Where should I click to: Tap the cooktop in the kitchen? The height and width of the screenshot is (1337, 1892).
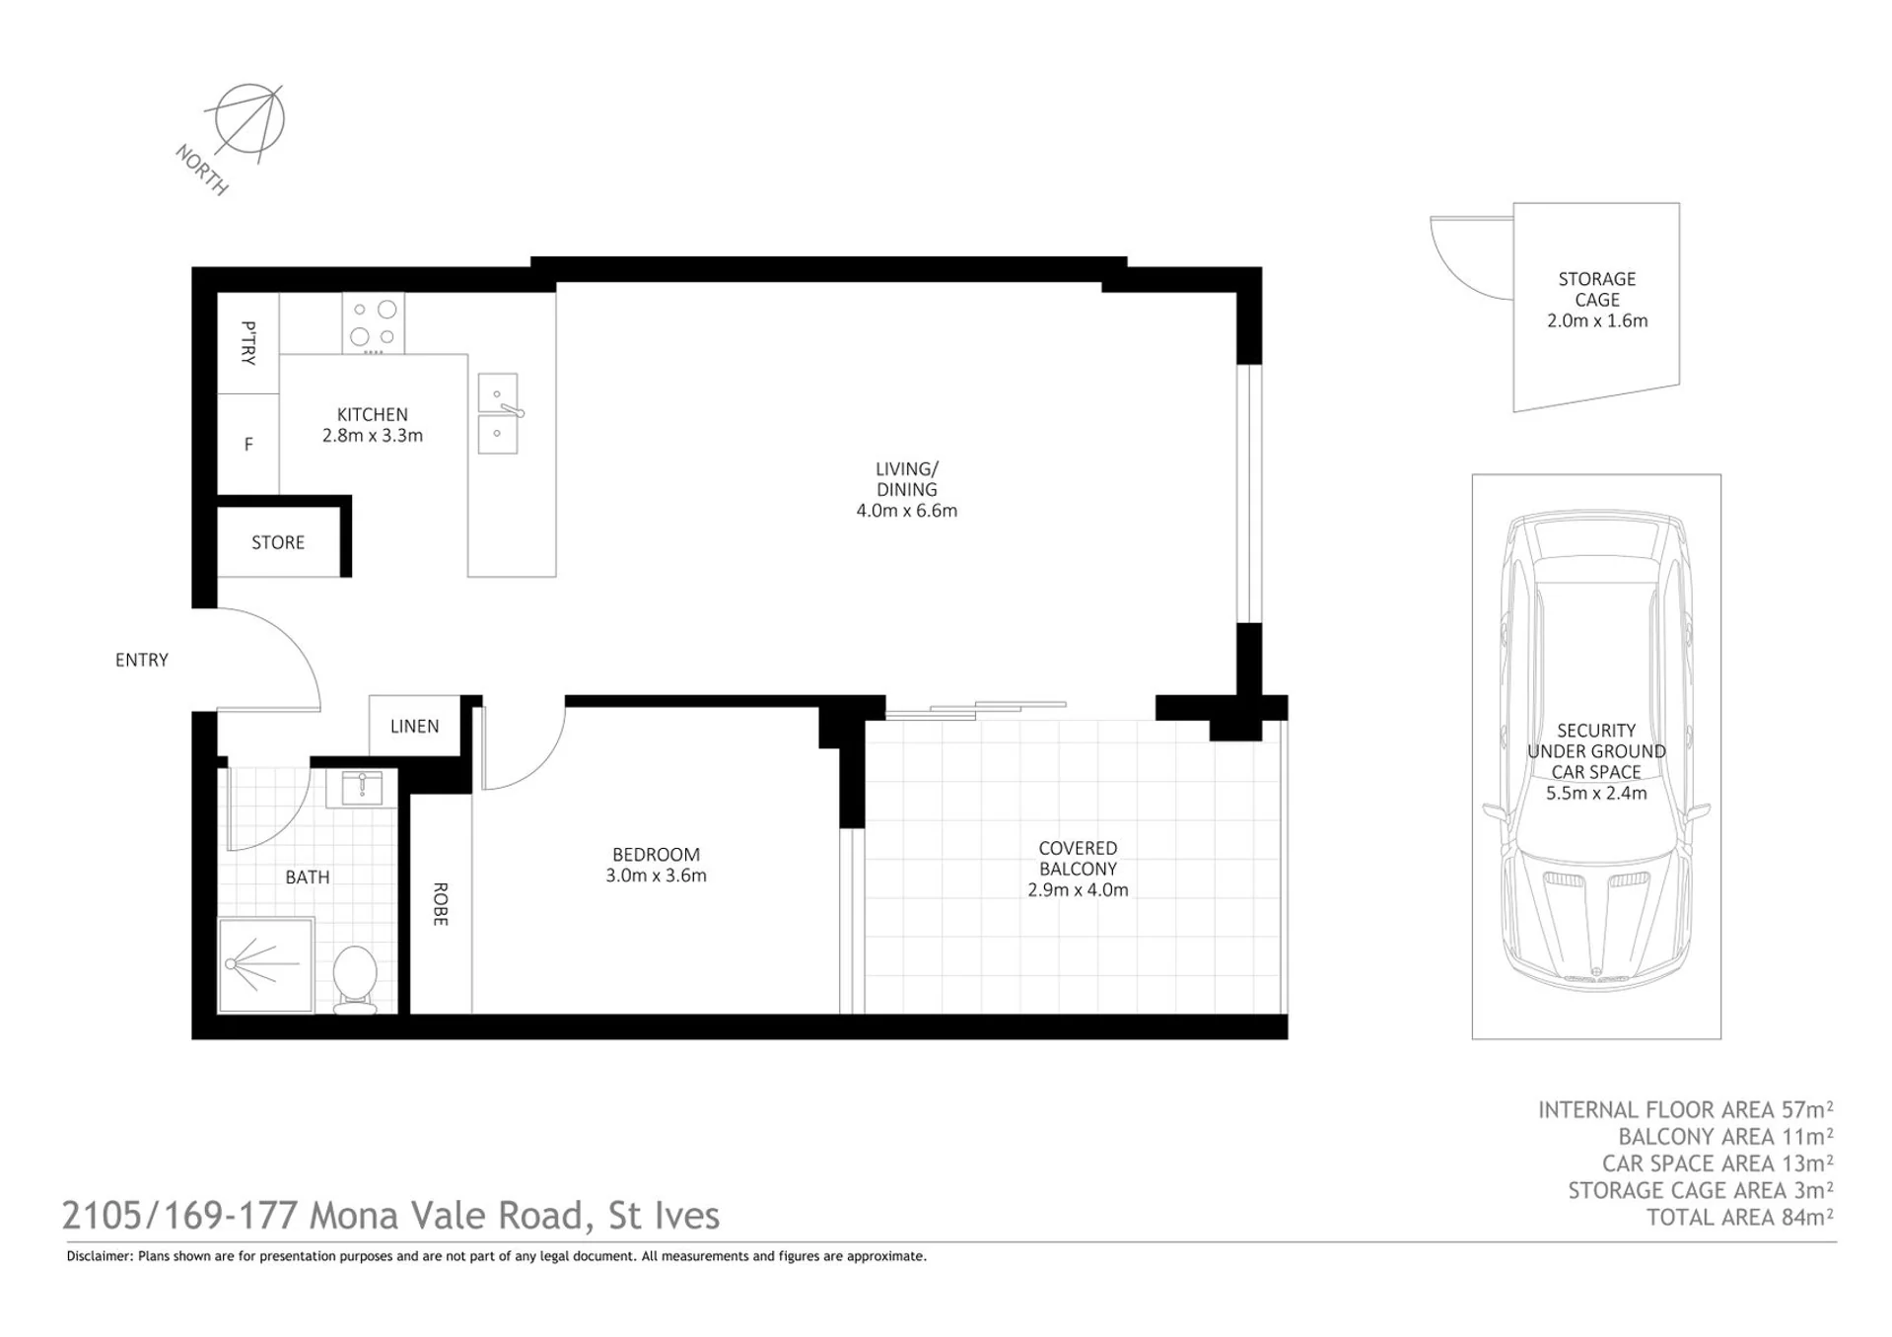coord(374,323)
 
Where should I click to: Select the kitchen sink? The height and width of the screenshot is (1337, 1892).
coord(498,413)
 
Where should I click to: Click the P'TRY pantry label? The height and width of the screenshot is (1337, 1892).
coord(248,343)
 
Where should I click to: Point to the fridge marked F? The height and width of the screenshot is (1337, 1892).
coord(248,445)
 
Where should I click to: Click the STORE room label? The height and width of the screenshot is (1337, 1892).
coord(278,542)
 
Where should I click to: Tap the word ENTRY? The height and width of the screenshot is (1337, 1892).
coord(142,660)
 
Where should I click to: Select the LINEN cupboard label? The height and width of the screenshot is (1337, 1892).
coord(414,727)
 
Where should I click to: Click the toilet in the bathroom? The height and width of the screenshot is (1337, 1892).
coord(355,978)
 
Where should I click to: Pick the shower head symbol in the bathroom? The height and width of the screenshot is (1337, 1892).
coord(233,964)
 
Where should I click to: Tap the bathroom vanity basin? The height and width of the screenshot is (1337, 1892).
coord(362,789)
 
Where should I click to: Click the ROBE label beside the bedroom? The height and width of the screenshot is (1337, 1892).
coord(441,904)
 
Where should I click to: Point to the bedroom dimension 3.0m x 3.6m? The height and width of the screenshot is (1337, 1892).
coord(656,876)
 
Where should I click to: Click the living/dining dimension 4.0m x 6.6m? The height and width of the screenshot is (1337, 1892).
coord(907,511)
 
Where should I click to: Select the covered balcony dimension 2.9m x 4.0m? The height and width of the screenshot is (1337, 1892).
coord(1078,889)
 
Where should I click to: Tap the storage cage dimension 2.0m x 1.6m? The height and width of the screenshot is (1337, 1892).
coord(1597,320)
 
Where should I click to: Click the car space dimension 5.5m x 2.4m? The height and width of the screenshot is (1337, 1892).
coord(1596,793)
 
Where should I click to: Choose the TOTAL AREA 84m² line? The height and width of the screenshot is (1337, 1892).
coord(1740,1217)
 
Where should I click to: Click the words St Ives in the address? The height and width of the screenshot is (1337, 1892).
coord(664,1216)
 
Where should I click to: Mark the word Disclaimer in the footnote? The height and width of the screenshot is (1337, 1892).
coord(99,1256)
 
